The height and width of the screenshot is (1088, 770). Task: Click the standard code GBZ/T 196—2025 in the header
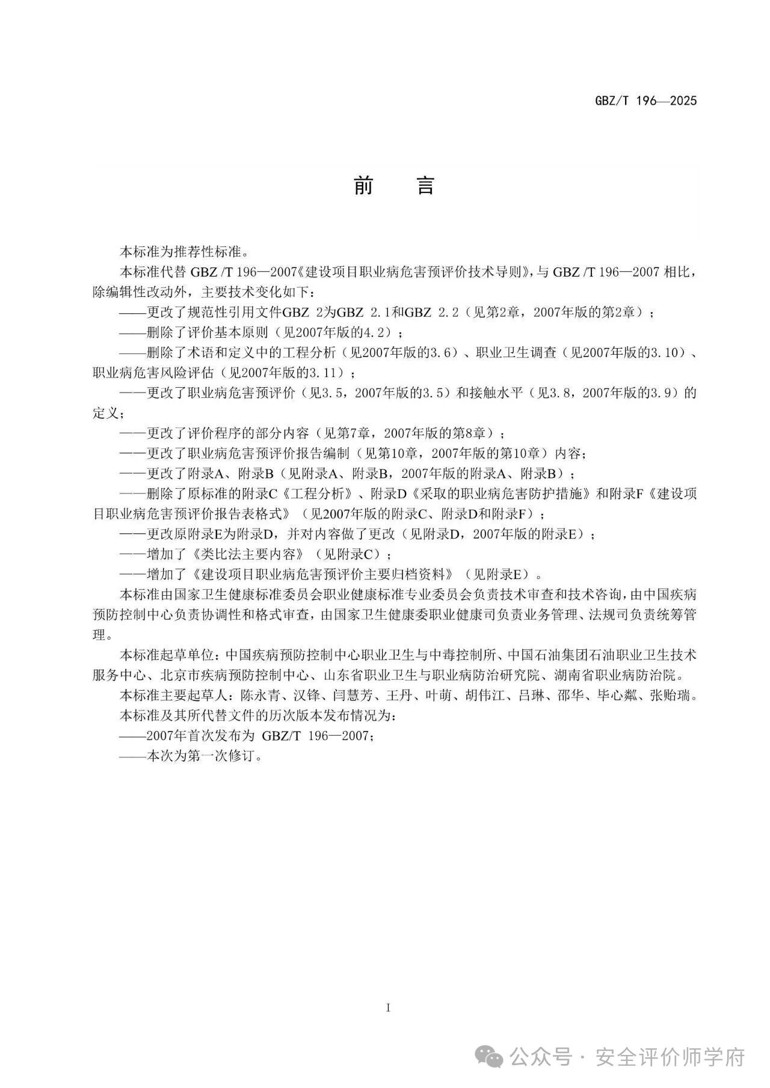point(645,101)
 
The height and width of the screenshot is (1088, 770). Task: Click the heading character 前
point(363,186)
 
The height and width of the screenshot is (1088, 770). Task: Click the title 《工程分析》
point(319,494)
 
